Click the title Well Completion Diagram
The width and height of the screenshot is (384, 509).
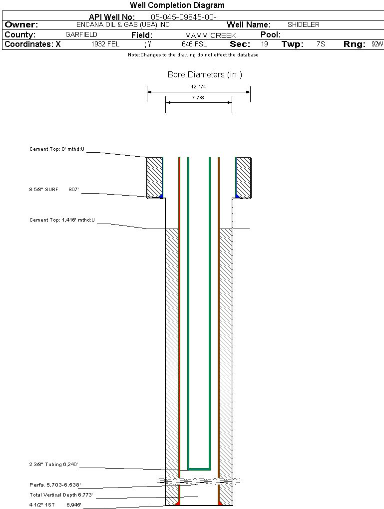click(177, 5)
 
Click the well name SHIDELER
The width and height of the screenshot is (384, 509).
click(303, 24)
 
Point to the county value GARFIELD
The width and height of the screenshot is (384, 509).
click(81, 35)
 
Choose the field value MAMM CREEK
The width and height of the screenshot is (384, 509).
click(210, 35)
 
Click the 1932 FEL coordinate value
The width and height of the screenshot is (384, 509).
click(105, 44)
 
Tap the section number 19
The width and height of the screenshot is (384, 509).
click(265, 44)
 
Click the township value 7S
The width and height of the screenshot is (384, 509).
click(321, 44)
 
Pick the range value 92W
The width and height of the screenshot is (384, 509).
click(377, 44)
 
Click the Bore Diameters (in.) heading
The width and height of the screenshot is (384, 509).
click(205, 75)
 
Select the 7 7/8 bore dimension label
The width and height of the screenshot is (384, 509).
click(198, 97)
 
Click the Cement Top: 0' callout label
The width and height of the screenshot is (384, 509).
click(57, 149)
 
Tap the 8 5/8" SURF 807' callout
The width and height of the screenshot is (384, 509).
click(54, 190)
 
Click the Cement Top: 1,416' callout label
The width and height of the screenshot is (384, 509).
click(62, 220)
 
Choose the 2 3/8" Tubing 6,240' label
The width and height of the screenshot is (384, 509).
click(53, 465)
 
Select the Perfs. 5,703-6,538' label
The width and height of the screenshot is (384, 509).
click(55, 485)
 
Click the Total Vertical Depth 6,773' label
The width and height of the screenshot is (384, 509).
click(61, 495)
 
